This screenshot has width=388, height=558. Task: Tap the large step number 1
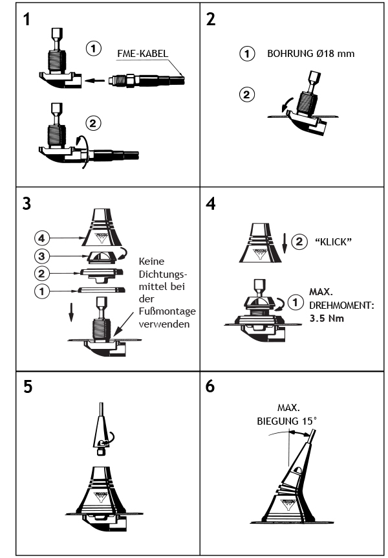point(27,19)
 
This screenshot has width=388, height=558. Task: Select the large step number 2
point(210,19)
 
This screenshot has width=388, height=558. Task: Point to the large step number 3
point(27,202)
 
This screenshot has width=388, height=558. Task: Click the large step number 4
point(210,202)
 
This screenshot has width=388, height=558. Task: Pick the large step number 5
point(27,386)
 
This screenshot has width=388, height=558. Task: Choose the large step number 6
point(210,386)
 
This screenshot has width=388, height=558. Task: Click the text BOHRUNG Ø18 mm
point(310,54)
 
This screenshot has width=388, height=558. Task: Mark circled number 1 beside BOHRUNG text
point(246,54)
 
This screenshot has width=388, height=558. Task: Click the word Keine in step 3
point(151,261)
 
